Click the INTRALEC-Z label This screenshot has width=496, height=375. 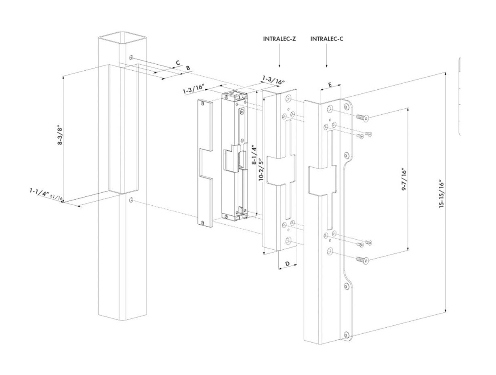[x=280, y=39]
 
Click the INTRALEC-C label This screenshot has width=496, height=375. [x=327, y=39]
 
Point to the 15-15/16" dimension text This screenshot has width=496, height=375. [x=442, y=194]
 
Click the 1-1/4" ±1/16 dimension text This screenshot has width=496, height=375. [x=46, y=194]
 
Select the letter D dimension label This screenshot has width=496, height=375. [x=288, y=264]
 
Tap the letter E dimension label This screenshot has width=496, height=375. [x=330, y=85]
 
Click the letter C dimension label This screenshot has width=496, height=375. [x=177, y=63]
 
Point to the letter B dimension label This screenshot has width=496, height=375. [x=188, y=68]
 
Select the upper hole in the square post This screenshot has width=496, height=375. [x=131, y=57]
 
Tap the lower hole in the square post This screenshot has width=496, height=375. [x=132, y=200]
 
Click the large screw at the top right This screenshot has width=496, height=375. [x=362, y=118]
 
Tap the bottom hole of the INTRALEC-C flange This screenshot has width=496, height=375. [x=346, y=335]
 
